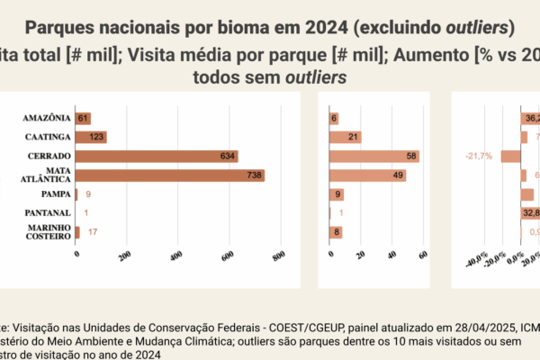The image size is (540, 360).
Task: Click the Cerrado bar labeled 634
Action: [157, 156]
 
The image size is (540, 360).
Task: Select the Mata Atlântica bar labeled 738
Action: [170, 175]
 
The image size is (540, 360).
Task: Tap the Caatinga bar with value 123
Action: [92, 137]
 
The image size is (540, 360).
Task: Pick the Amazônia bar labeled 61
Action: [83, 118]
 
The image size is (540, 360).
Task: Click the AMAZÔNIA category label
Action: [47, 118]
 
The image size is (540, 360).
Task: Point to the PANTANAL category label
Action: [49, 213]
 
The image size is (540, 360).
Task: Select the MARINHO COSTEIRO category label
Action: [49, 232]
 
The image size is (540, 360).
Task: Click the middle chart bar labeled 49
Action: [367, 175]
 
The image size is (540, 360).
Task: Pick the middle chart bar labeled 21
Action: [346, 137]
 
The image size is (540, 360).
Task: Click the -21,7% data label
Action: [479, 157]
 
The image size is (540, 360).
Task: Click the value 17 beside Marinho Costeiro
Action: [93, 232]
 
